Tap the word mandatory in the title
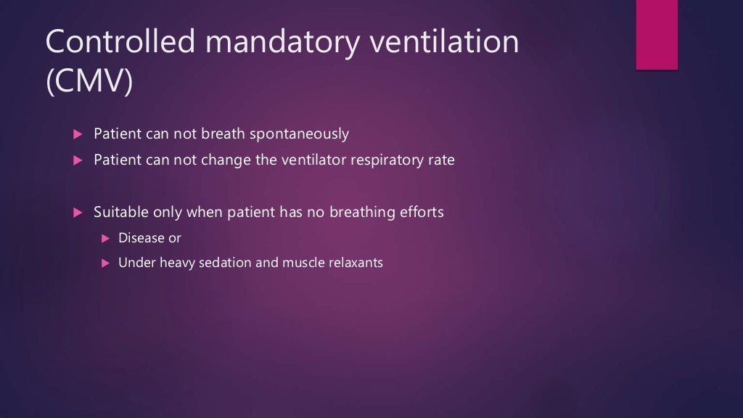[x=282, y=43]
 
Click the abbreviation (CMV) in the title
[x=89, y=83]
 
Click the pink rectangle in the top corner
[x=657, y=34]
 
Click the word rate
[x=440, y=160]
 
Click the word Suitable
[x=120, y=213]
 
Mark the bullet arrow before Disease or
[x=104, y=238]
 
